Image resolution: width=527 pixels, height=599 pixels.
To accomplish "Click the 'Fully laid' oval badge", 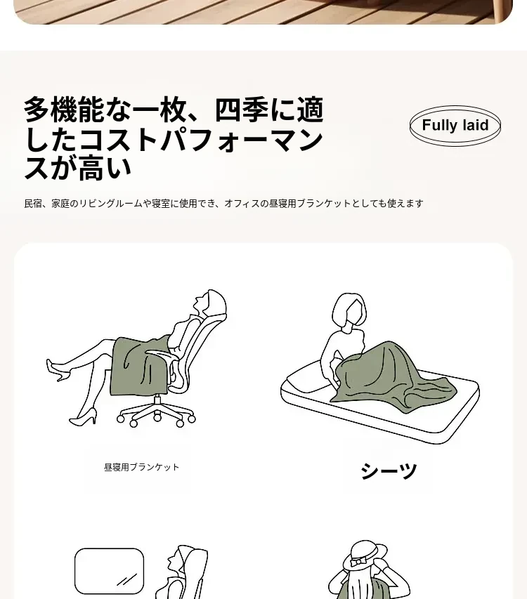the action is (455, 126).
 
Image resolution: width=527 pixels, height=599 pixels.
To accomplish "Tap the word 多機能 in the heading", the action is (64, 110).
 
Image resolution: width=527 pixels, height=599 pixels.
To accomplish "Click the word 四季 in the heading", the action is (241, 110).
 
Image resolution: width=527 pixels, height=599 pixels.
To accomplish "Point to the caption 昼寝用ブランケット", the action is (141, 467).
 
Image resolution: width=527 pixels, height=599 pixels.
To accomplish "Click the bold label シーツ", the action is (389, 470).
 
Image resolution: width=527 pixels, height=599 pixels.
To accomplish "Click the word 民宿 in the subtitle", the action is (33, 203).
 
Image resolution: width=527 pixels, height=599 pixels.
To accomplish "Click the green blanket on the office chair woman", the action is (141, 366).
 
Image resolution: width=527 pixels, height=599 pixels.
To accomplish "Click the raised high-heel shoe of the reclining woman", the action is (58, 369).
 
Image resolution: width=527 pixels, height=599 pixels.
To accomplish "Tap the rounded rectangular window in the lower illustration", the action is (110, 571).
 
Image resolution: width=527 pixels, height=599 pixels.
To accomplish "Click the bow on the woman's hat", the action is (358, 562).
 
